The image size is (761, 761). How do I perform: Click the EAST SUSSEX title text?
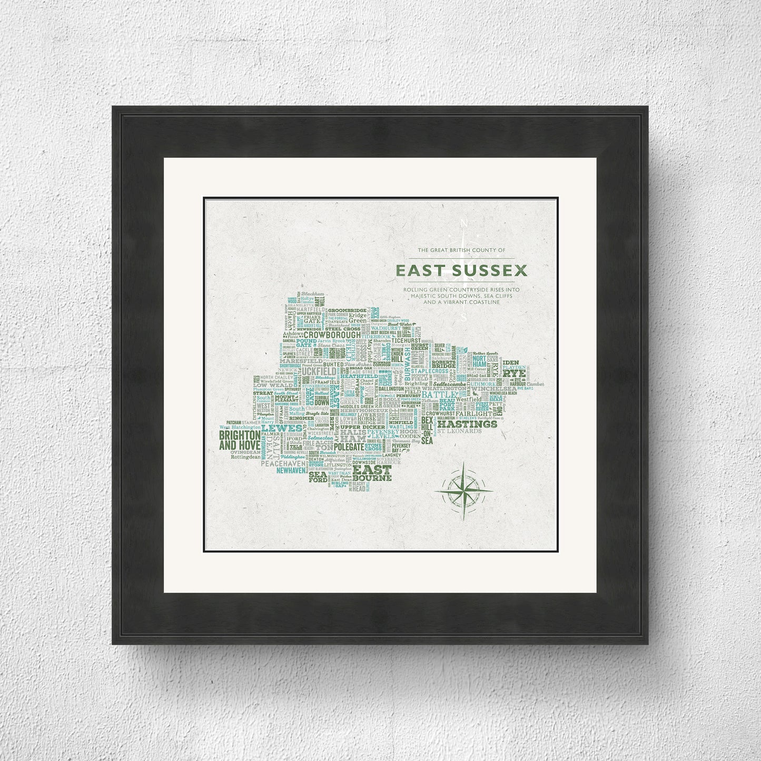click(x=461, y=271)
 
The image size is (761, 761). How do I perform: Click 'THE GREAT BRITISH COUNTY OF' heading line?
click(x=461, y=249)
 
